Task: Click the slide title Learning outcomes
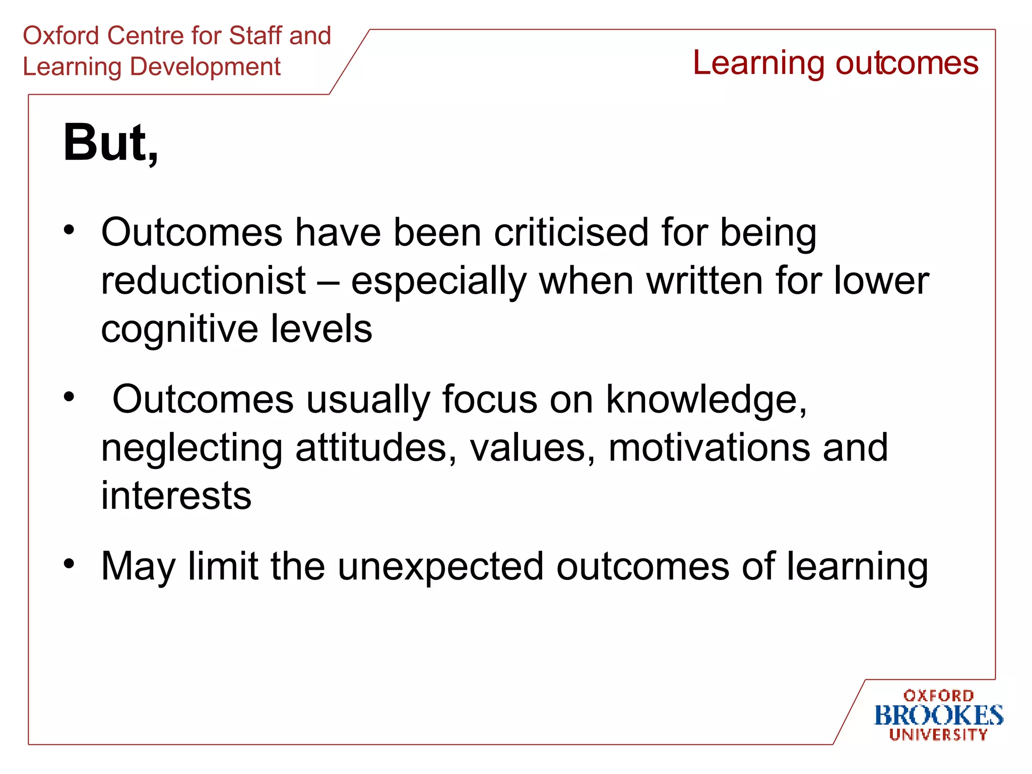pyautogui.click(x=835, y=63)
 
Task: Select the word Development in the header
pyautogui.click(x=205, y=67)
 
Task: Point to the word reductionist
pyautogui.click(x=203, y=281)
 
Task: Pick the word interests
pyautogui.click(x=176, y=496)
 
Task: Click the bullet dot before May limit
pyautogui.click(x=69, y=563)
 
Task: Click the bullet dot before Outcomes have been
pyautogui.click(x=69, y=230)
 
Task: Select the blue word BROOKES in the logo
pyautogui.click(x=938, y=716)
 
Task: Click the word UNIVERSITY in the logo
pyautogui.click(x=938, y=735)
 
